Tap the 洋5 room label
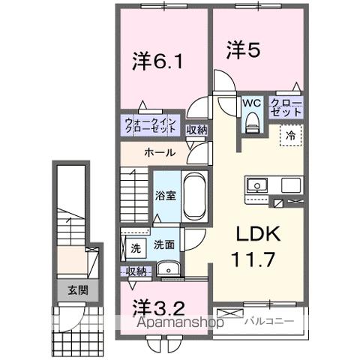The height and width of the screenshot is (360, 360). point(244,50)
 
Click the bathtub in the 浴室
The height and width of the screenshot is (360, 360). point(193,196)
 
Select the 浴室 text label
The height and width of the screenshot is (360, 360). point(165,196)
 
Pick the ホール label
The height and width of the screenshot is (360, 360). point(160,153)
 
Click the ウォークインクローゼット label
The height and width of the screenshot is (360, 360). point(150,124)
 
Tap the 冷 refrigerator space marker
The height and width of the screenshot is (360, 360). point(290,136)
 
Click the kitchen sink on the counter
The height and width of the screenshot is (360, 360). point(255,184)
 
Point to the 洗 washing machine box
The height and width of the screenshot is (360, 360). point(135,246)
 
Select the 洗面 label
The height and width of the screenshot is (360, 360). point(164,244)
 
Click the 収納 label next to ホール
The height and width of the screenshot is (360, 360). point(197,130)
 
